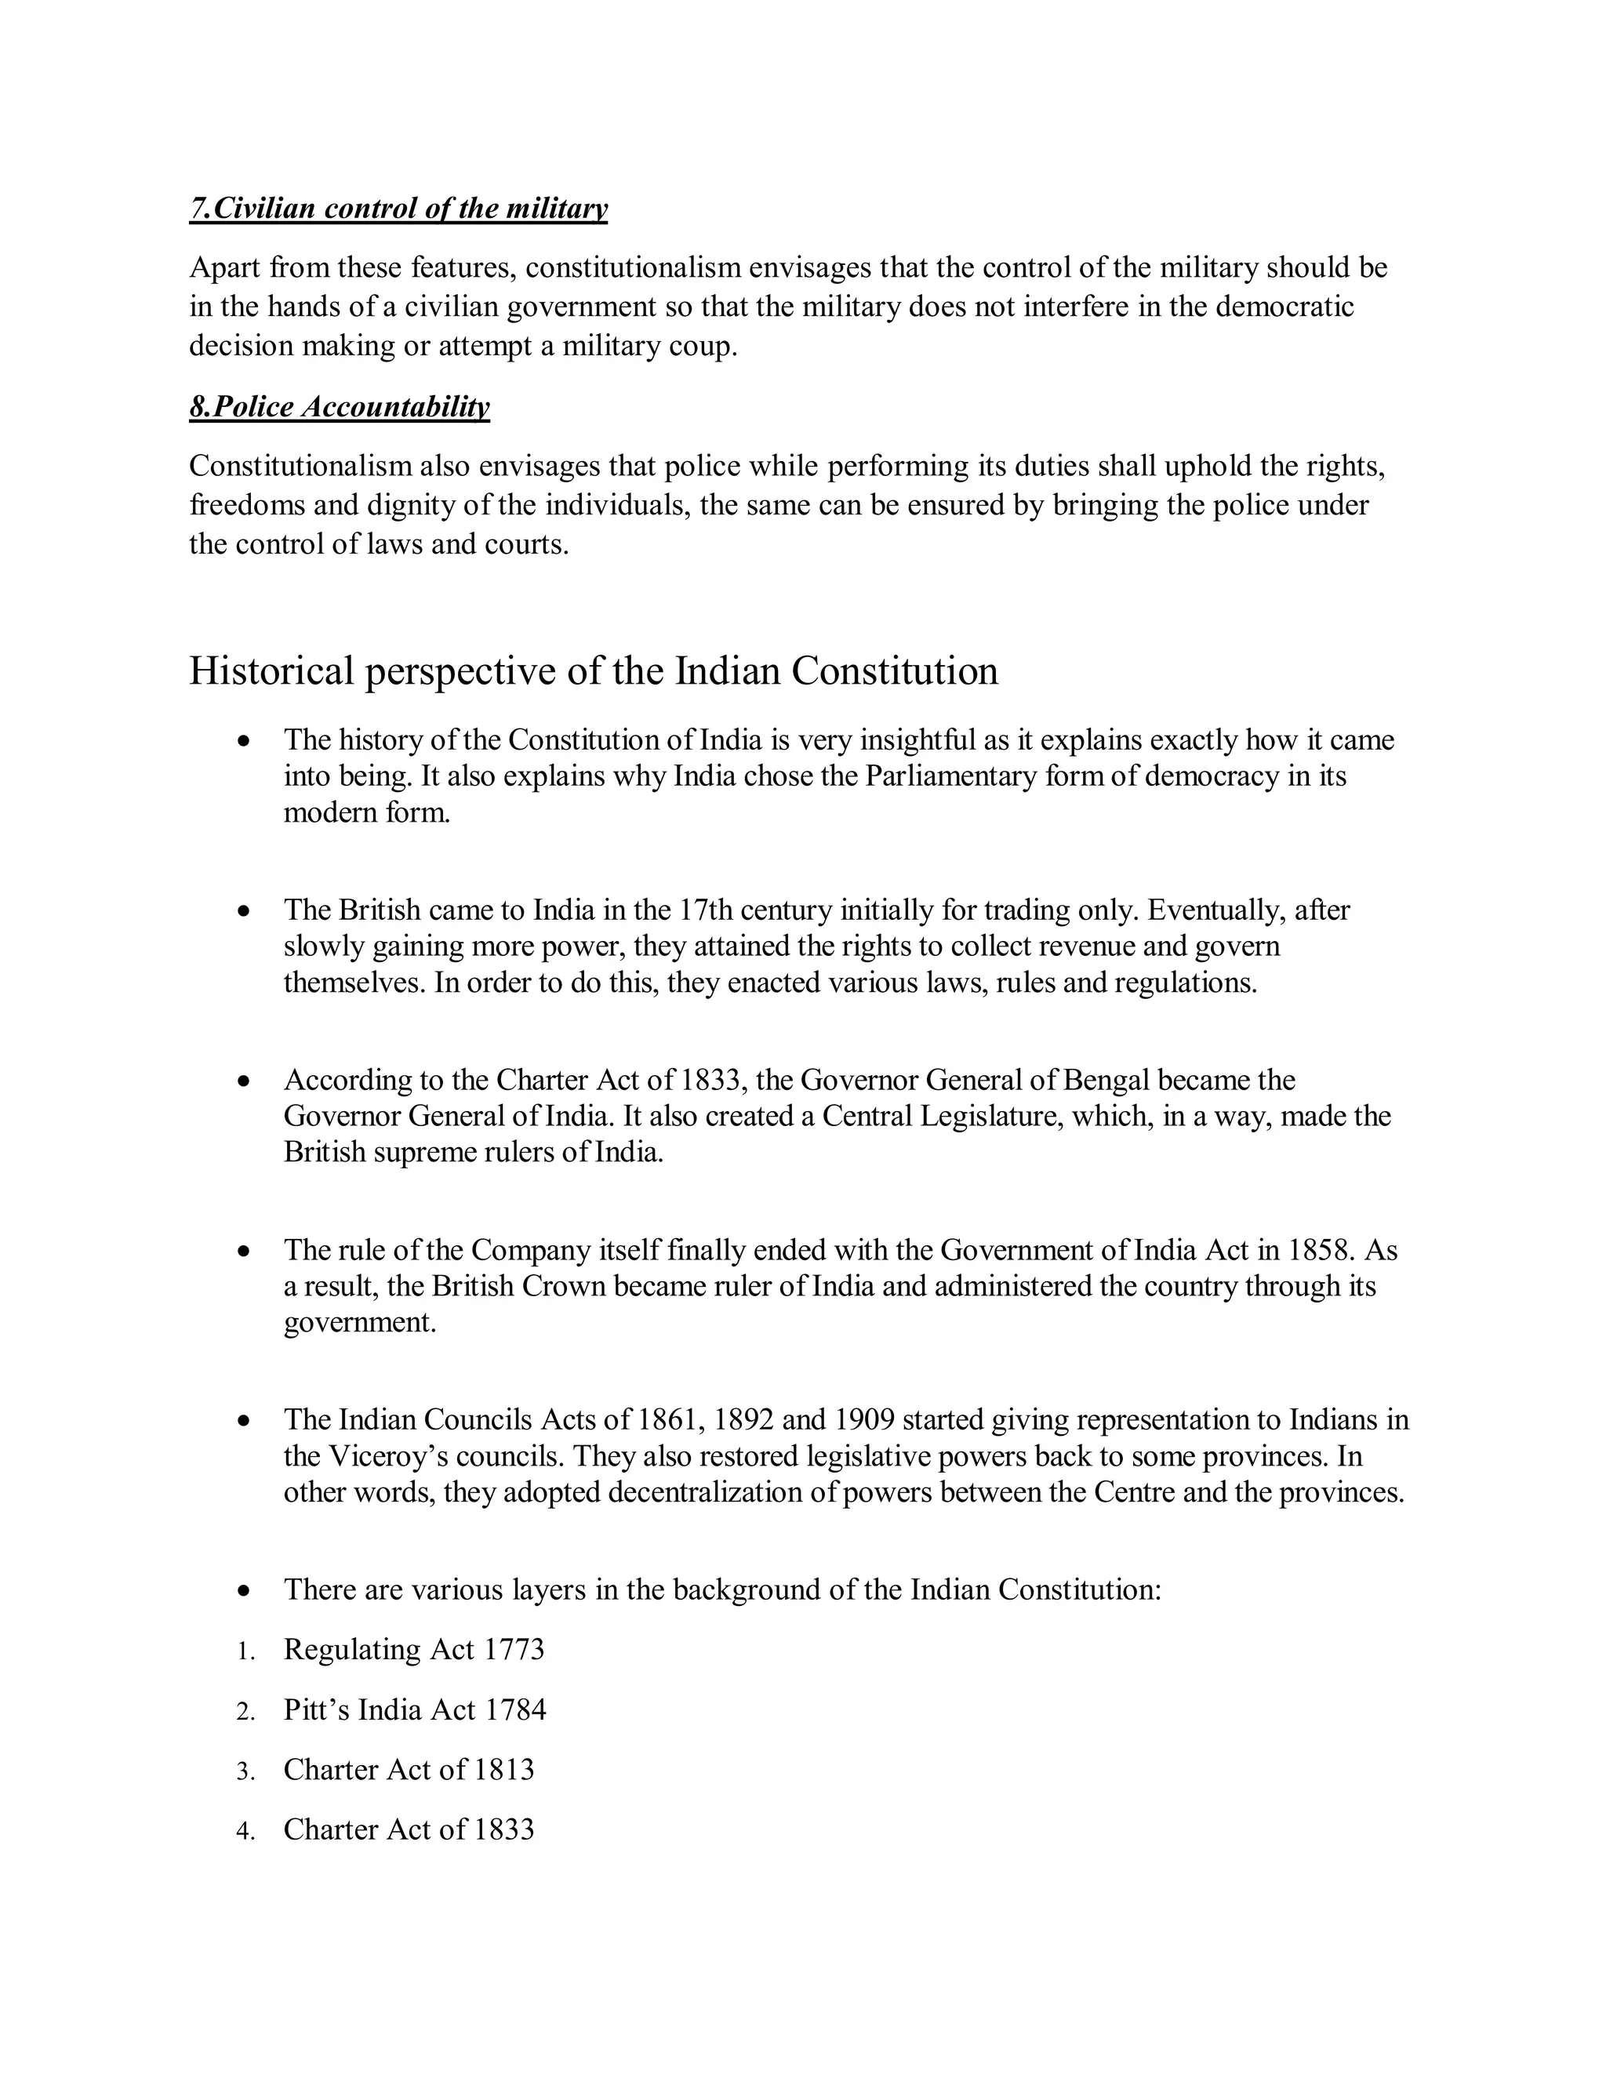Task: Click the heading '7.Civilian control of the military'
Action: click(x=398, y=209)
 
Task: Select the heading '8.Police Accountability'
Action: click(x=340, y=407)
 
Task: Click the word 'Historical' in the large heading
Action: click(x=271, y=670)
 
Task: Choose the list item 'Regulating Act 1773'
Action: click(x=414, y=1649)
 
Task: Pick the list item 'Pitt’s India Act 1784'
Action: click(x=415, y=1709)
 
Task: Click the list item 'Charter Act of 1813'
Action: click(x=409, y=1770)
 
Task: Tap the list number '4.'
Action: click(x=245, y=1832)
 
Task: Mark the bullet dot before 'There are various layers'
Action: click(x=245, y=1590)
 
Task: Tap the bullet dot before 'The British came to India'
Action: click(x=245, y=911)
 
